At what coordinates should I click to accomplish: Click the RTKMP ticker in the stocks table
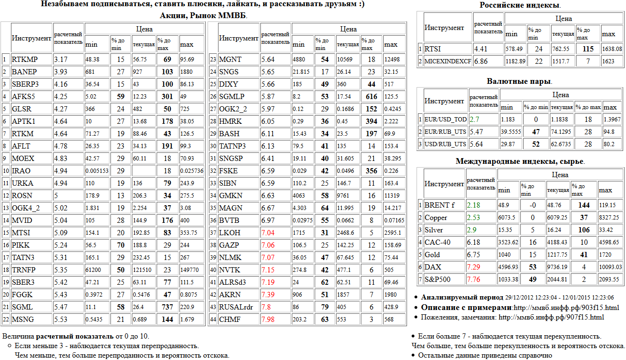25,60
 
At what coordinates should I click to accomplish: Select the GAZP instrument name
229,245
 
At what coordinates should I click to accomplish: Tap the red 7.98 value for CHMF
268,320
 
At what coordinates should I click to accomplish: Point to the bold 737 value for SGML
167,307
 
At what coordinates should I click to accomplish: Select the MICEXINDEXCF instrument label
447,61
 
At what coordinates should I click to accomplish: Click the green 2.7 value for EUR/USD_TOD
475,119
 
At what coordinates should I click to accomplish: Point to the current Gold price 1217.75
557,255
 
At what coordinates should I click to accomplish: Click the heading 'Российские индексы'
519,5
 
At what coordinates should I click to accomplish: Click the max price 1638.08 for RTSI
612,49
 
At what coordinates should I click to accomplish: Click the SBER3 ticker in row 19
23,282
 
